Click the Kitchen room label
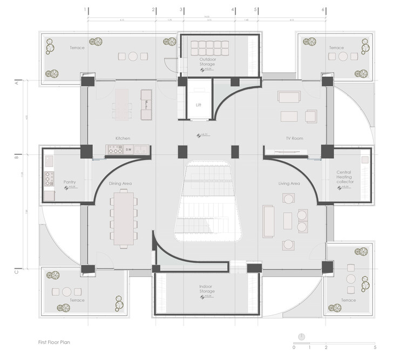[123, 138]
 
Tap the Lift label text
[198, 106]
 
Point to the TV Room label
[294, 138]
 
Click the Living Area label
[289, 184]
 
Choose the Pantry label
[69, 182]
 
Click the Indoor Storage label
[207, 289]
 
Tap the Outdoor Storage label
[207, 61]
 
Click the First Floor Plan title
[55, 342]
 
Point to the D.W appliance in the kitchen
[129, 150]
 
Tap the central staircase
[207, 202]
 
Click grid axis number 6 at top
[323, 10]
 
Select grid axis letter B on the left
[17, 158]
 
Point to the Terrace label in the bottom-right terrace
[348, 300]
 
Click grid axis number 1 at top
[85, 10]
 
